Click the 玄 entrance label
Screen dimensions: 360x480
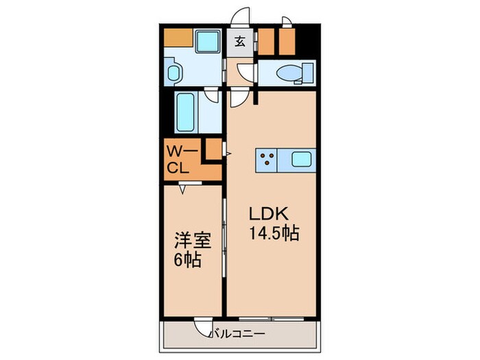tap(240, 41)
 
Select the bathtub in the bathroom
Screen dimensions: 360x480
tap(186, 112)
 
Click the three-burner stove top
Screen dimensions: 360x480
tap(267, 160)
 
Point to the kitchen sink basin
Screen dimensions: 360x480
tap(302, 160)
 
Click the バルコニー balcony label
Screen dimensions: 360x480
tap(237, 334)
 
